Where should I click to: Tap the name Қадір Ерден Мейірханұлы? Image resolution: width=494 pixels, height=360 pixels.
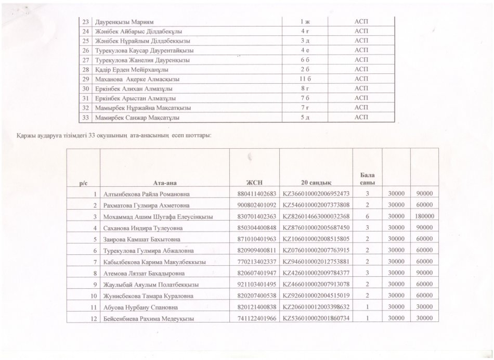click(131, 69)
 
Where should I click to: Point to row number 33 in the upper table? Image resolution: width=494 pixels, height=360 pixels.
click(85, 117)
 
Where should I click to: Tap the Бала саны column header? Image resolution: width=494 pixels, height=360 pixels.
click(367, 178)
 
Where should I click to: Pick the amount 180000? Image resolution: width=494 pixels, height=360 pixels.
click(425, 216)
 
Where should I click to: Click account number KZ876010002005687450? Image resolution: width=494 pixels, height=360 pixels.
click(316, 227)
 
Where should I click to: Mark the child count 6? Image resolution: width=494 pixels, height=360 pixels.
click(367, 216)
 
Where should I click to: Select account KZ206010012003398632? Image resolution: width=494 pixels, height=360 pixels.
click(316, 307)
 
